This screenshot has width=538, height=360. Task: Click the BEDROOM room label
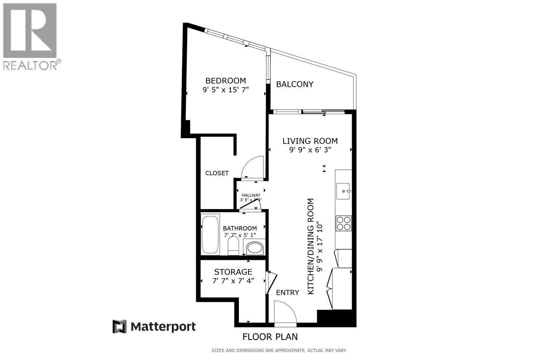pyautogui.click(x=225, y=81)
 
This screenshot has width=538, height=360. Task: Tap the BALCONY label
pyautogui.click(x=294, y=84)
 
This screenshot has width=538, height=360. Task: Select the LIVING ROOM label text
pyautogui.click(x=310, y=141)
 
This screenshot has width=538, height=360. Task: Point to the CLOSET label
pyautogui.click(x=217, y=173)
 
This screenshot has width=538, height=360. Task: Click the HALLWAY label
pyautogui.click(x=251, y=195)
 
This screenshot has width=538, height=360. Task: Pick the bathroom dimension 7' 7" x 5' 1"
pyautogui.click(x=240, y=235)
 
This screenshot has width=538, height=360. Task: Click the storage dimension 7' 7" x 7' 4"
pyautogui.click(x=233, y=281)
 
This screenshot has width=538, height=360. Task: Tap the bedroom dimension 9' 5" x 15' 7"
pyautogui.click(x=225, y=90)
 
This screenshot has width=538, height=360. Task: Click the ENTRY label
pyautogui.click(x=287, y=293)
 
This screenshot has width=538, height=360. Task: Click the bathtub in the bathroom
pyautogui.click(x=210, y=235)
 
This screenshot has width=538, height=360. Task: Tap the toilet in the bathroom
pyautogui.click(x=233, y=247)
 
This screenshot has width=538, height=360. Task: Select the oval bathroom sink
pyautogui.click(x=255, y=248)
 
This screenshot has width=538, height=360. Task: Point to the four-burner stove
pyautogui.click(x=343, y=223)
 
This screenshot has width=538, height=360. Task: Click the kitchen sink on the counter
pyautogui.click(x=343, y=191)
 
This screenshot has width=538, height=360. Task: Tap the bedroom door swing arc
pyautogui.click(x=253, y=167)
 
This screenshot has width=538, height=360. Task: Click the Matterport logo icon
pyautogui.click(x=120, y=327)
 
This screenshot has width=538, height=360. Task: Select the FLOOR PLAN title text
pyautogui.click(x=270, y=337)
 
